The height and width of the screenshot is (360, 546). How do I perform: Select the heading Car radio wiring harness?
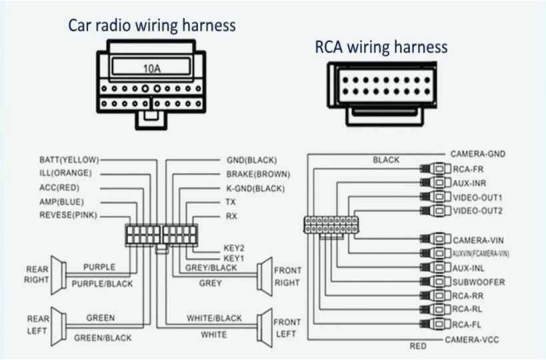click(153, 25)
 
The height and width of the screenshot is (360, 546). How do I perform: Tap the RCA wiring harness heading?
click(381, 47)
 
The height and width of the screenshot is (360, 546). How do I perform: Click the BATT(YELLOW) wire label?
click(69, 160)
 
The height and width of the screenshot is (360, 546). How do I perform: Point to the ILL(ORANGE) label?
click(65, 173)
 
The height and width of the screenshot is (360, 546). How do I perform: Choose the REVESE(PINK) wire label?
click(68, 215)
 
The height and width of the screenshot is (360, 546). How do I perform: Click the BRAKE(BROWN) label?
click(257, 173)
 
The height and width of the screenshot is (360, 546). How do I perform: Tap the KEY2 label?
click(234, 247)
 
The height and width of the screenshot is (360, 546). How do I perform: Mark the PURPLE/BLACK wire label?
click(102, 284)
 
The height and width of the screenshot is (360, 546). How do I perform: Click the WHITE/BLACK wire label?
click(214, 318)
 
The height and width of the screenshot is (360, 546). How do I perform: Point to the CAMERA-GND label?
click(477, 154)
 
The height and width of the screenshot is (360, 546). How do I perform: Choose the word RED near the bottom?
click(418, 347)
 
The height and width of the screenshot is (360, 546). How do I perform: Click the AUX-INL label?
click(469, 268)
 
